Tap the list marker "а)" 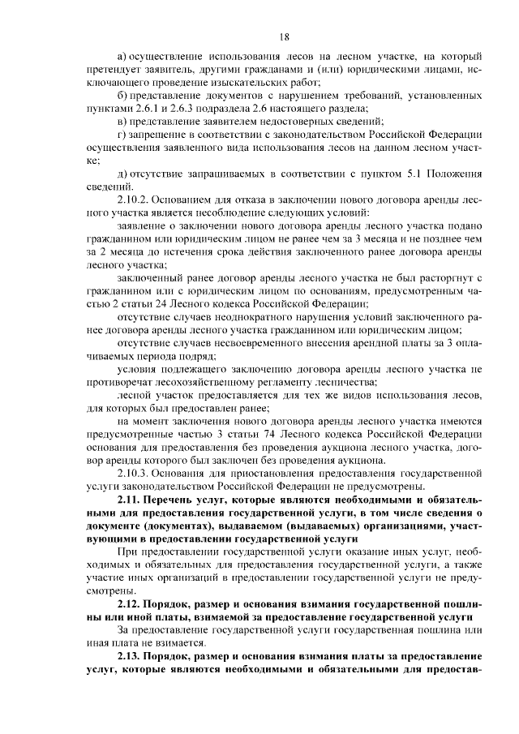(123, 57)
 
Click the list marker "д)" (123, 174)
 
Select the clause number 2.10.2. (135, 200)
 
